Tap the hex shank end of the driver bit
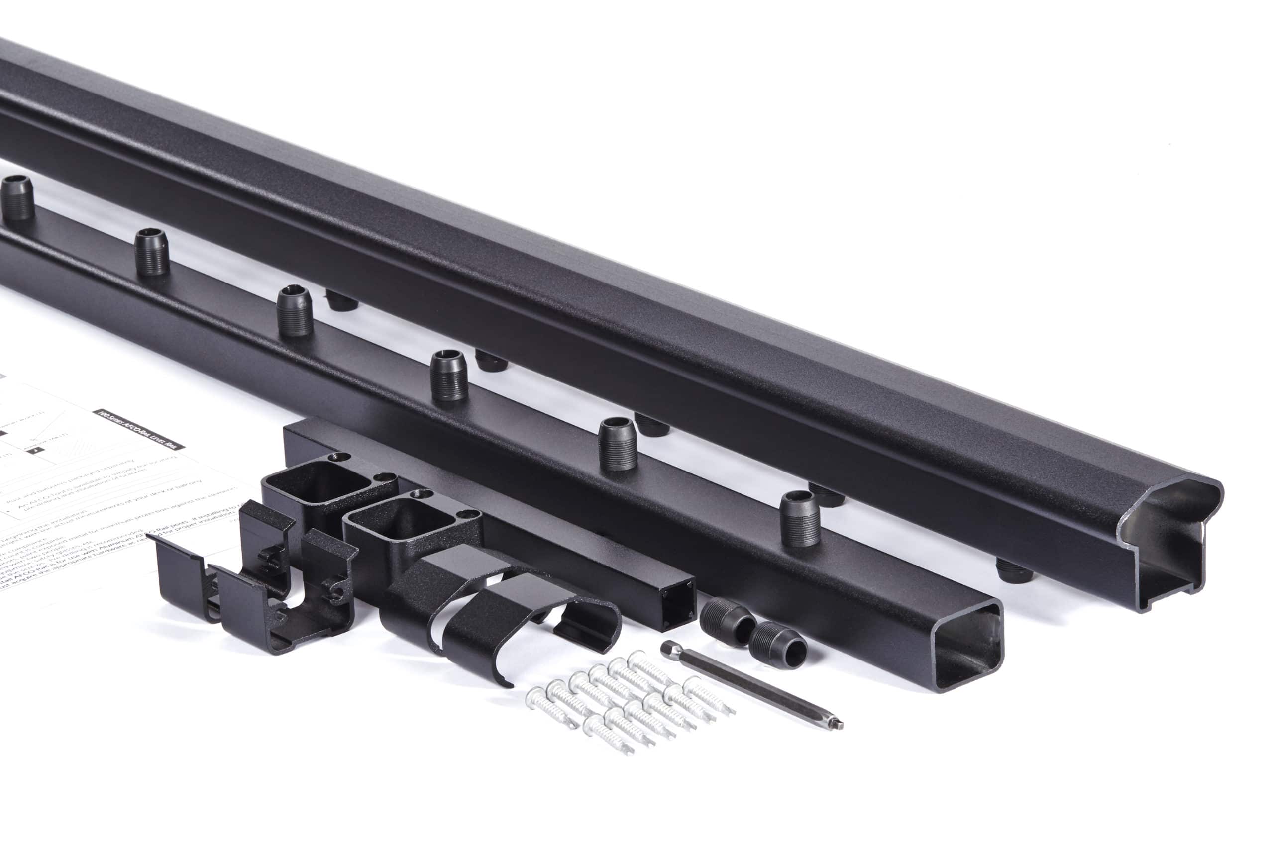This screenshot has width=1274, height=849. (x=667, y=647)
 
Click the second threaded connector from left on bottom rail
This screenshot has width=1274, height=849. (x=151, y=251)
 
